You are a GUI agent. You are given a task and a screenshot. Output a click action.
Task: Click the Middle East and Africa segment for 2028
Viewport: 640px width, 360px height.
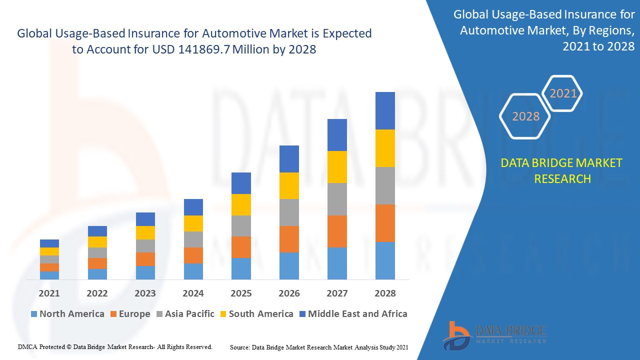[385, 110]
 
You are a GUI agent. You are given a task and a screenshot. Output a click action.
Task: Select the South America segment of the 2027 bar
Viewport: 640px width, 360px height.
[337, 167]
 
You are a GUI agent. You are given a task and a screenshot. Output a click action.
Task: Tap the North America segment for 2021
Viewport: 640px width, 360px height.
[49, 275]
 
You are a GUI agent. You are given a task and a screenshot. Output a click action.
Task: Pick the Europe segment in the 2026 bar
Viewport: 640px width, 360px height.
[289, 239]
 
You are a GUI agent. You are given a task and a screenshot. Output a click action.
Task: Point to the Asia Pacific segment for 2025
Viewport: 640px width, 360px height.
[241, 226]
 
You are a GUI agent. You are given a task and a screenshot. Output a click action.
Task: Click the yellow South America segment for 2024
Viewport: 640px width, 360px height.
[193, 223]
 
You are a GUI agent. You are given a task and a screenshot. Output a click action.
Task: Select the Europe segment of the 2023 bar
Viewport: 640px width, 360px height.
[145, 259]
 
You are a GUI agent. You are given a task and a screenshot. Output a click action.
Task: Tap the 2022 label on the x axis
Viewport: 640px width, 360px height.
[97, 293]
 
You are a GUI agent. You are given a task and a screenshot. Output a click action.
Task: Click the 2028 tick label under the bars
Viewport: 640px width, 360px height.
[385, 293]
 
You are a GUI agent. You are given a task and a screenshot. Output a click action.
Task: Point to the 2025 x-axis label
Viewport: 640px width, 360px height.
[241, 293]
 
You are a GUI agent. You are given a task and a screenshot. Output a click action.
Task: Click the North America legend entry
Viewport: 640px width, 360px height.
[67, 314]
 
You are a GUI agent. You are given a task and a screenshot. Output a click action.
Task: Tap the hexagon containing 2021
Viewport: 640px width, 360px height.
[563, 93]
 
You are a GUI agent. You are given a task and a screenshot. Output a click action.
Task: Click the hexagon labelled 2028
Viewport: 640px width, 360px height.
[525, 116]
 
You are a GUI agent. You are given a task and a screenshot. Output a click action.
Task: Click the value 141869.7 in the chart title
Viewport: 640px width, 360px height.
[198, 49]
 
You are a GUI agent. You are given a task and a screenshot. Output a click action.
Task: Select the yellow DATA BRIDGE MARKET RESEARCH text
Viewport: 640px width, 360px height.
[562, 170]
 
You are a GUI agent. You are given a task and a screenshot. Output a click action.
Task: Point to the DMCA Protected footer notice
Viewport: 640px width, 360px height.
[115, 346]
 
